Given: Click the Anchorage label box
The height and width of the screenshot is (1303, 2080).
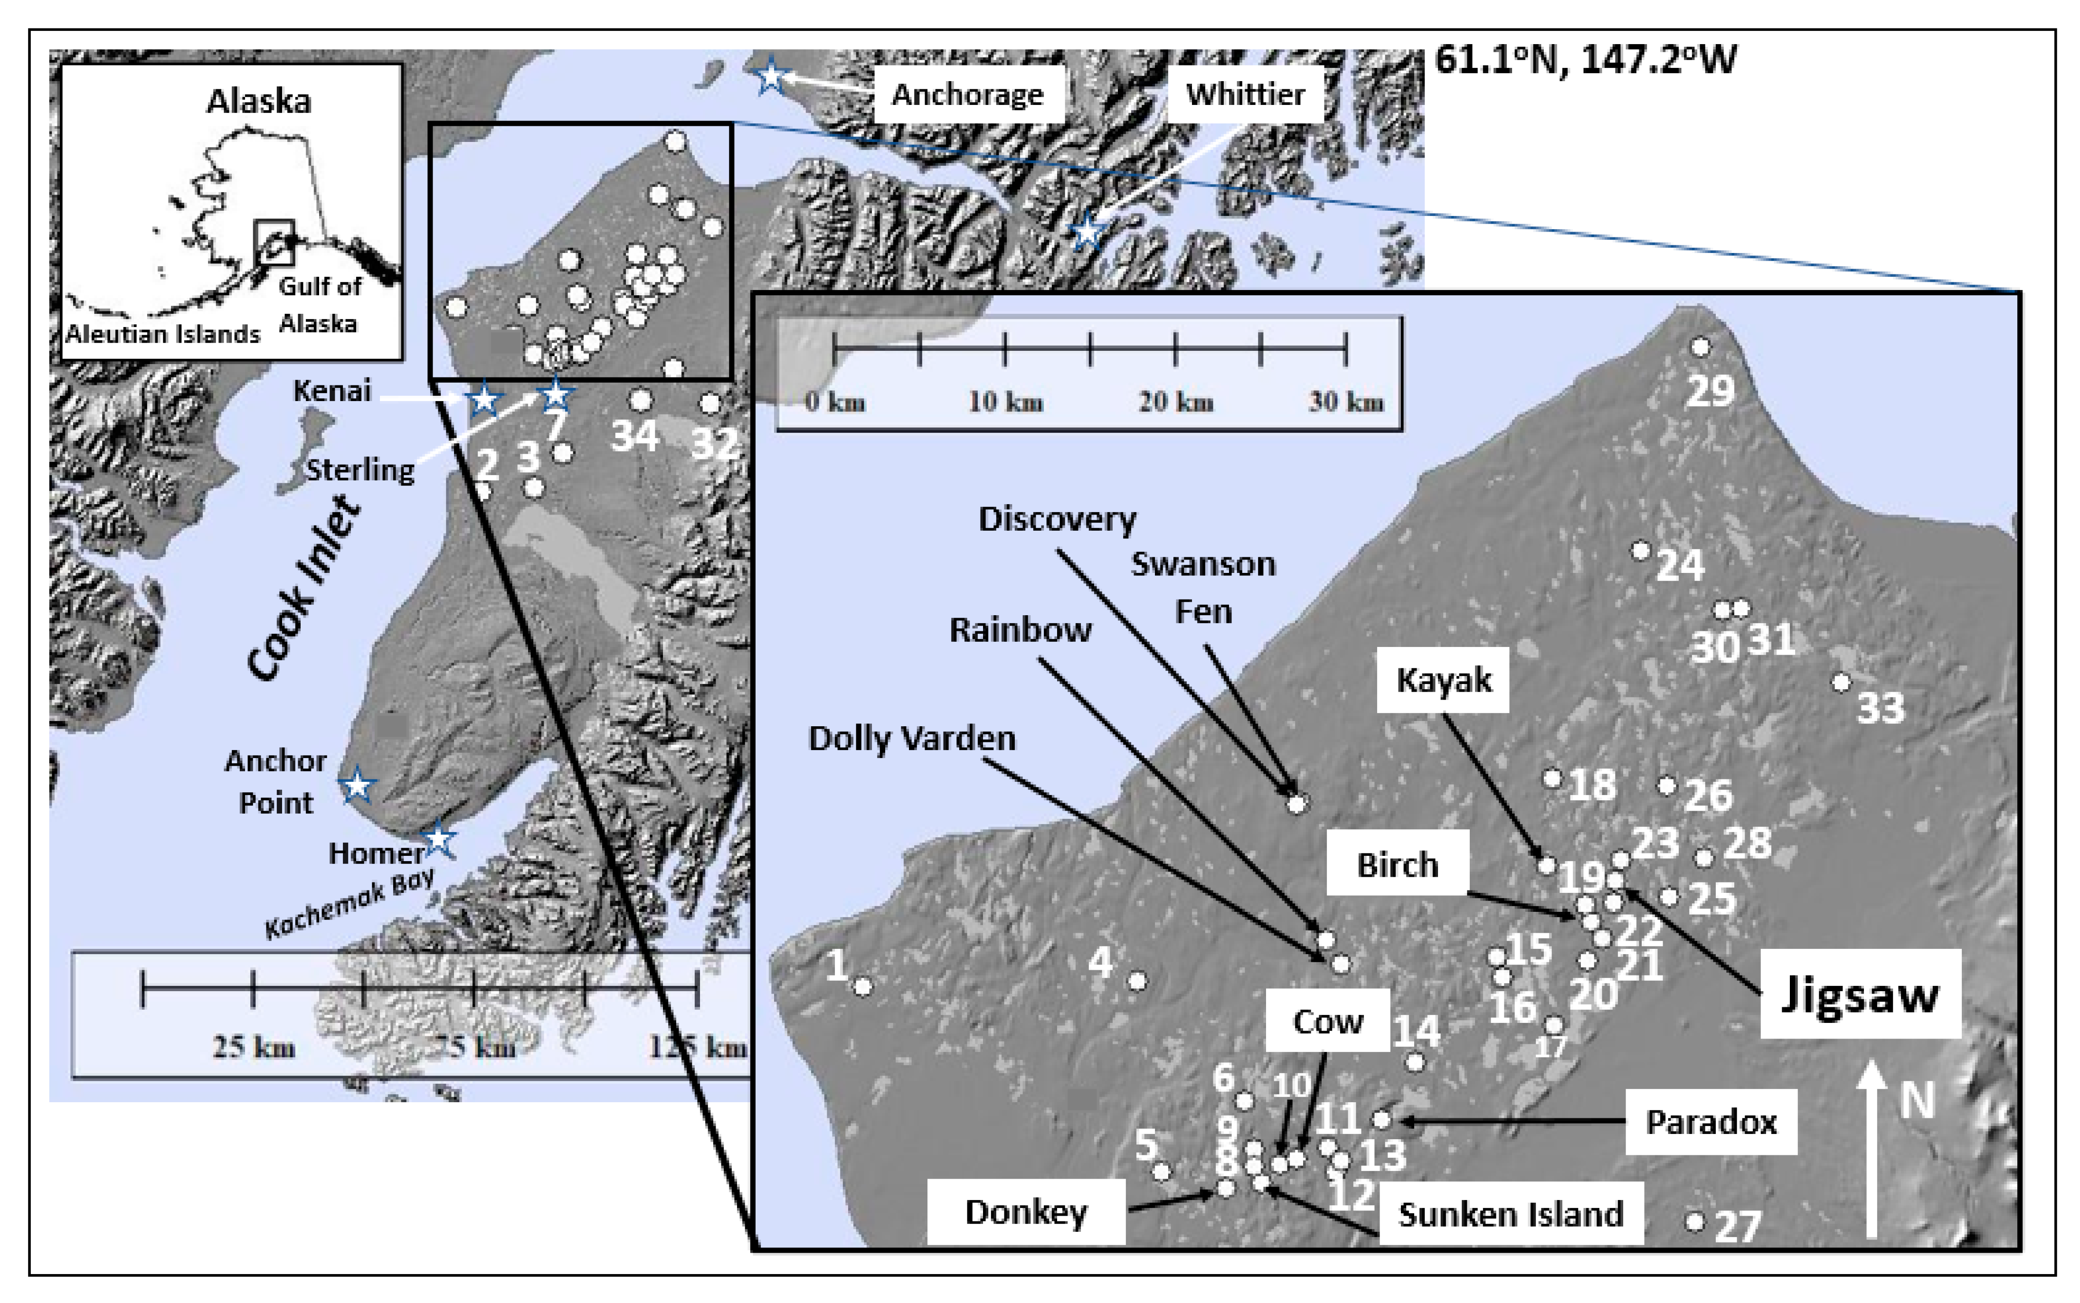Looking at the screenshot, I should coord(967,94).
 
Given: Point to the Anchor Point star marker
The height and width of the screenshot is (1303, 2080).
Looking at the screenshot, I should coord(357,785).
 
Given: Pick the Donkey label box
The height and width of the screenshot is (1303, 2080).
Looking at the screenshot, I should coord(1026,1212).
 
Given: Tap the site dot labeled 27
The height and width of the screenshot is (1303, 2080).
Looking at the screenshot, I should coord(1694,1221).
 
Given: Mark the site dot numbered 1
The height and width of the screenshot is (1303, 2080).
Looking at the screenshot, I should coord(863,986).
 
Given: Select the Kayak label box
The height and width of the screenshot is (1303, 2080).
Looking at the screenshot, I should coord(1443,680).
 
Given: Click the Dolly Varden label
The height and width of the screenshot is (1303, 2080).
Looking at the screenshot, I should coord(911,739).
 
